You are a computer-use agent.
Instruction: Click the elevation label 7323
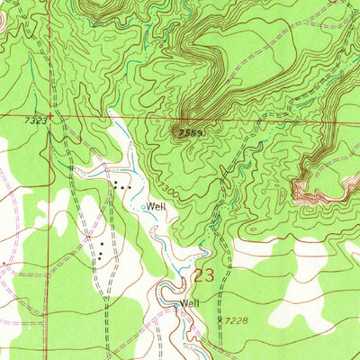pos(35,121)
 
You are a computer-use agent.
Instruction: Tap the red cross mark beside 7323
pos(51,115)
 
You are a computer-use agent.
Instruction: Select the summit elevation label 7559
pos(190,131)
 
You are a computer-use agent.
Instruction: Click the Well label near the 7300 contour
pos(157,206)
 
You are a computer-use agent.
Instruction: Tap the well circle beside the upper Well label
pos(142,206)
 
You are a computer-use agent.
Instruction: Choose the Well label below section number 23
pos(189,303)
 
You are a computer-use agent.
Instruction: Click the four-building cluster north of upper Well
pos(121,185)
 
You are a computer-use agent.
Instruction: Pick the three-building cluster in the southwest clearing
pos(102,251)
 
